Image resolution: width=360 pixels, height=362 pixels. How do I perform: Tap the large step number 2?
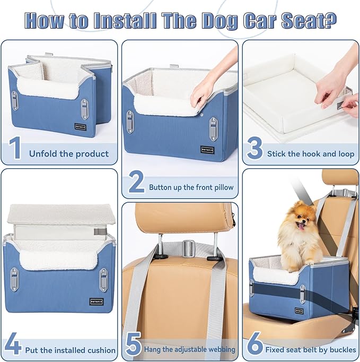136,182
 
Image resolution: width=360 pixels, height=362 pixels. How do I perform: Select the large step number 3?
254,149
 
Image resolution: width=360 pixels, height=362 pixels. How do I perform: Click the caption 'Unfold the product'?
69,154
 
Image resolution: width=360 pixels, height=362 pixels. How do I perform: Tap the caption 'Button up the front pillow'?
191,187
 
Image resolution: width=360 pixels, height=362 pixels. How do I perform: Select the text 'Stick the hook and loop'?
311,154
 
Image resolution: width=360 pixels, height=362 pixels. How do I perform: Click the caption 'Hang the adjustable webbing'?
190,349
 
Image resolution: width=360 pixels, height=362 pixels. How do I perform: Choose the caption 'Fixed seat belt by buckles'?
311,349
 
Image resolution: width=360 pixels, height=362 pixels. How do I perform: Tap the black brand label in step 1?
80,126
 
